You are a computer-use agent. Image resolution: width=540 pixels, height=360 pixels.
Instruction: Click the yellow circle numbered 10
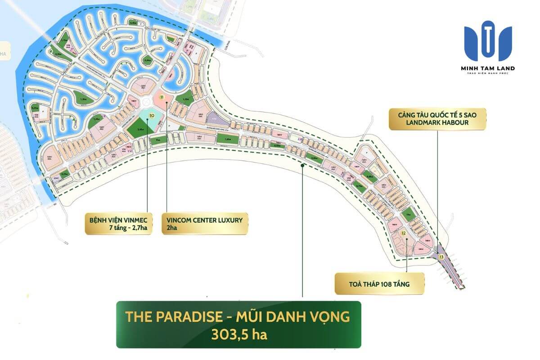pos(152,116)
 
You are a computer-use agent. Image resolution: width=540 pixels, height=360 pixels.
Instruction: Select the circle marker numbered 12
pos(404,233)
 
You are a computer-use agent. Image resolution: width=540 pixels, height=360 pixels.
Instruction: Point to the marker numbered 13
pos(441,256)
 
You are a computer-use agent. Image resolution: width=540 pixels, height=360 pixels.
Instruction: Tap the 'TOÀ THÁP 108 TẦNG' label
pos(379,283)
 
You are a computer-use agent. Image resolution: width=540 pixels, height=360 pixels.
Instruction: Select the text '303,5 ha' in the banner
pos(238,334)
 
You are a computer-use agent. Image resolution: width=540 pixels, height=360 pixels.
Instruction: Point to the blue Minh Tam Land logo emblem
pos(488,41)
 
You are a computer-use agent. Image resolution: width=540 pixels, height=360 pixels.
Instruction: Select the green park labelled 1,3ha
pos(83,99)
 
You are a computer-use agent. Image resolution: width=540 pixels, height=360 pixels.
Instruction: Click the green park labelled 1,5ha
pos(183,100)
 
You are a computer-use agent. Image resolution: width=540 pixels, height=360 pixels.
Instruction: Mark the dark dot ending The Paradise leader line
pos(303,166)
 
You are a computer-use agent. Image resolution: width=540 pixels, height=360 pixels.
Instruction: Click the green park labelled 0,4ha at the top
pos(133,22)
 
